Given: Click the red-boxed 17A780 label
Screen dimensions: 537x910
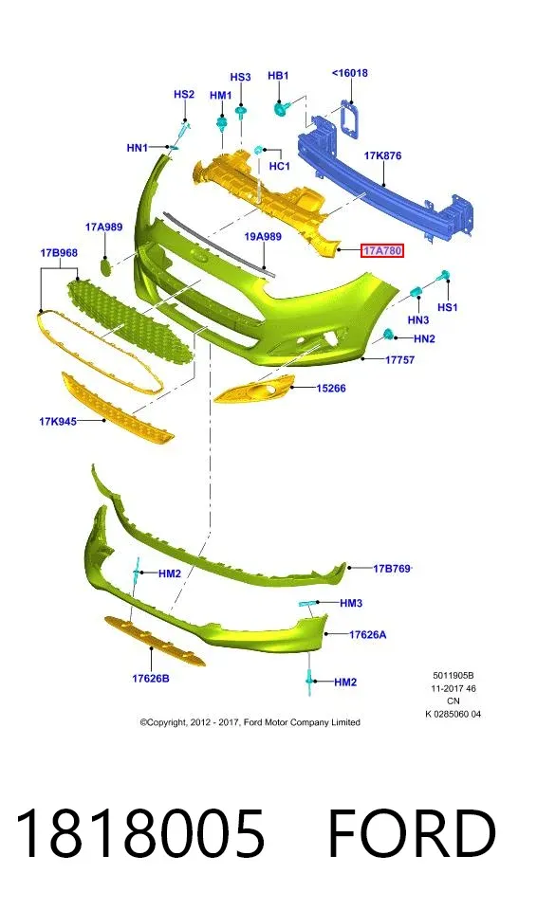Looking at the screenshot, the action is coord(381,250).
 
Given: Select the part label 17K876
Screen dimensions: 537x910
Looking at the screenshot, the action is coord(382,155).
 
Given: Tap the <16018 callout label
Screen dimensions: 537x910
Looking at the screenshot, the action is coord(350,73).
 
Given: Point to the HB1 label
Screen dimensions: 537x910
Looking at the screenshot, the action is coord(278,76).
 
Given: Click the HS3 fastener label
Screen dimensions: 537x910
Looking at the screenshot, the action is coord(240,77).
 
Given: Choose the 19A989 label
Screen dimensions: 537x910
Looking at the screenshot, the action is coord(263,236).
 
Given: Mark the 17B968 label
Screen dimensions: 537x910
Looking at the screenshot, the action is coord(59,253).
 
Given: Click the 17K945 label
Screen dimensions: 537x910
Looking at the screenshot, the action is coord(58,421).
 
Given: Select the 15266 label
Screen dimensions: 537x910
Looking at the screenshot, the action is coord(331,389).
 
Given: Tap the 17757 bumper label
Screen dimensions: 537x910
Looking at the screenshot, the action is coord(399,360).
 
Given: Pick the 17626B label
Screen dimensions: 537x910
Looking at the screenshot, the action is coord(151,678).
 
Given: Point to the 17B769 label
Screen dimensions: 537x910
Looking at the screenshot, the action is coord(392,568).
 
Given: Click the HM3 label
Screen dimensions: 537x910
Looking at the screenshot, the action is coord(351,603).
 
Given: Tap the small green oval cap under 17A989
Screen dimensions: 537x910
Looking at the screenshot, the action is coord(105,266).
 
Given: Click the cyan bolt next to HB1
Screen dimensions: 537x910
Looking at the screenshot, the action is coord(282,107).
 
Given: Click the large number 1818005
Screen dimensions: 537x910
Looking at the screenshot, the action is coord(139,834).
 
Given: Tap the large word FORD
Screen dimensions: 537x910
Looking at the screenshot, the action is coord(412,834).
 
